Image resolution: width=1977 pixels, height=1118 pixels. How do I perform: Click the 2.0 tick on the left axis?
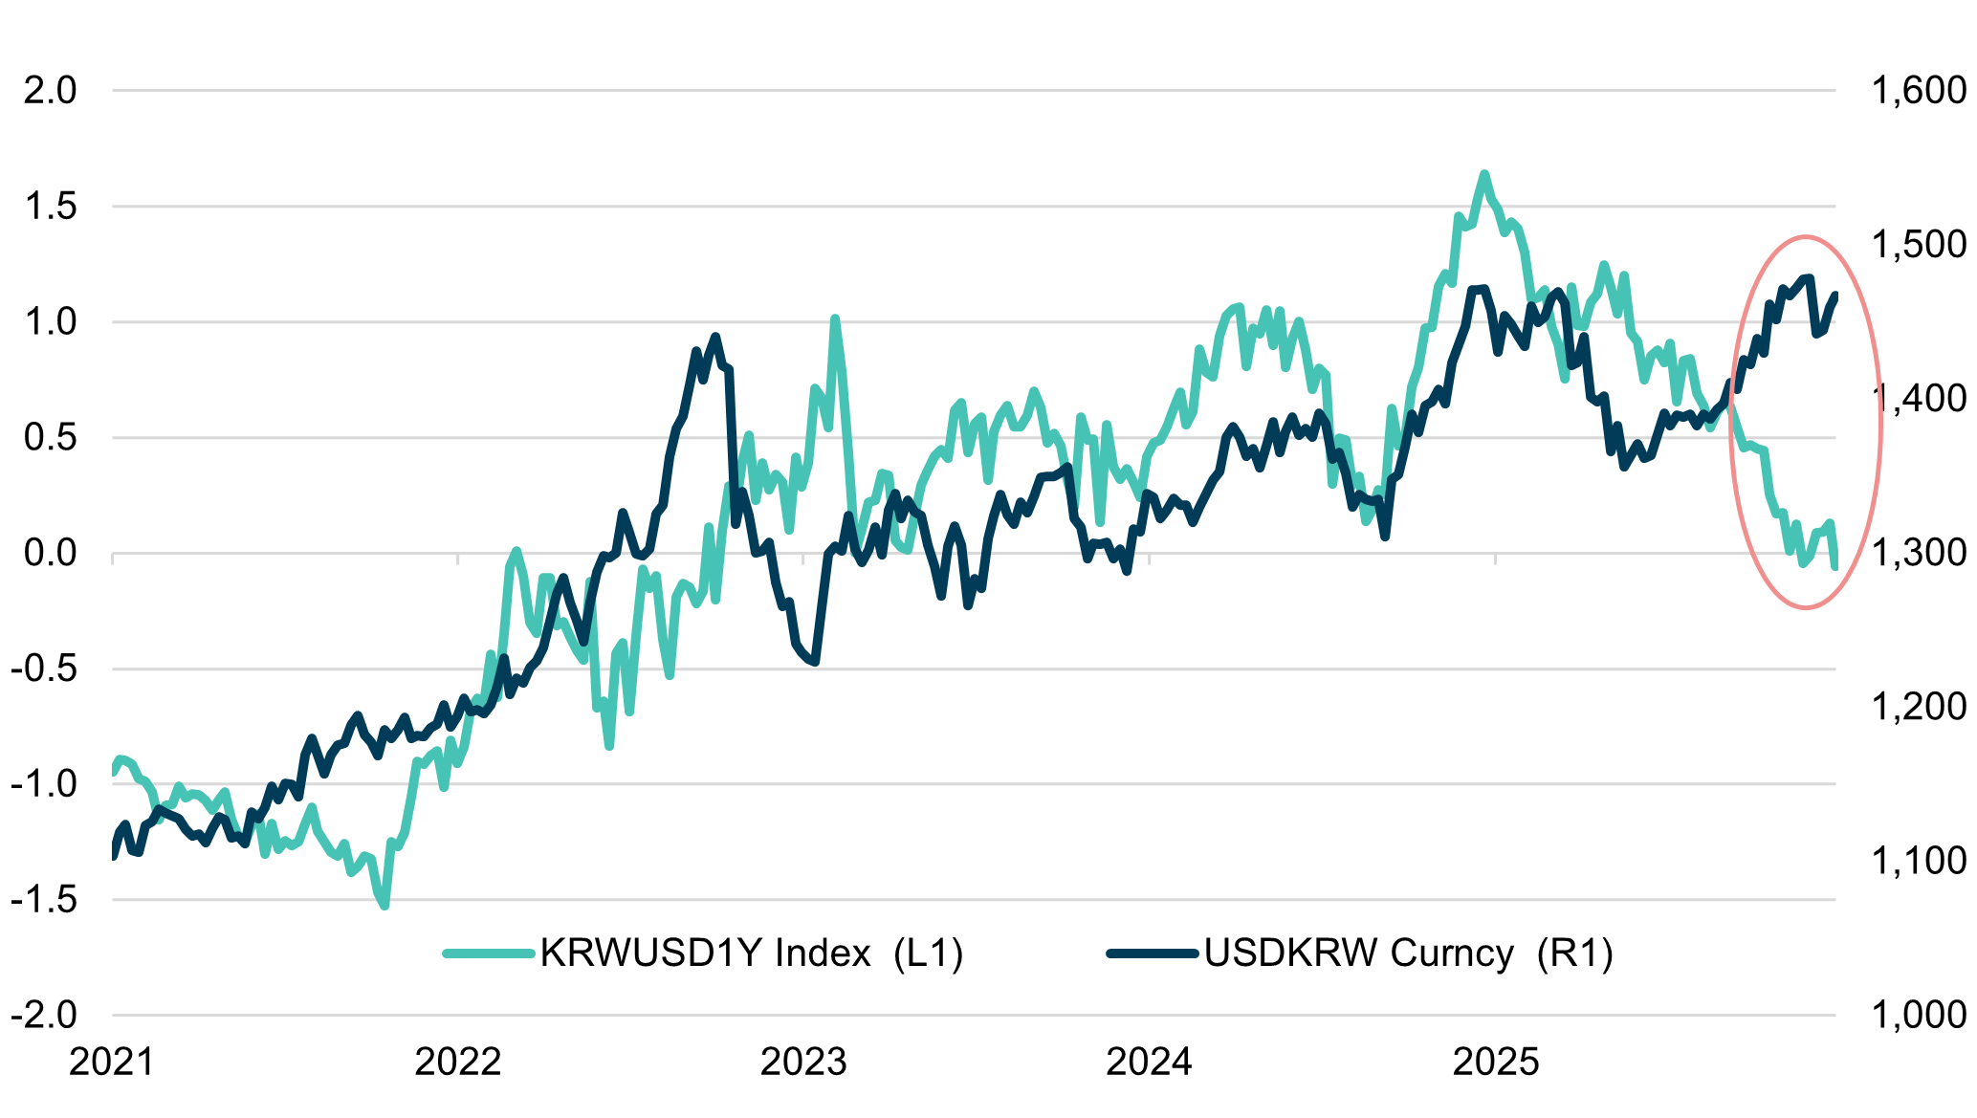[51, 91]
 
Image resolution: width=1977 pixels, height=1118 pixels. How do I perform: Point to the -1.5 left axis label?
[44, 899]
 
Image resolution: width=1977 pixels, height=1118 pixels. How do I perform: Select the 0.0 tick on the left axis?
[51, 553]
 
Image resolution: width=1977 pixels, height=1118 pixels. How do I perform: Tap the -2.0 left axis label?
[44, 1015]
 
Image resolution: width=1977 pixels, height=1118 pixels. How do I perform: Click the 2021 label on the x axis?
[112, 1063]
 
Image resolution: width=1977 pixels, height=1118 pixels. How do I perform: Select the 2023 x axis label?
[803, 1063]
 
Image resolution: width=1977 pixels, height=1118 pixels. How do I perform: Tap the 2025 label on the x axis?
[1495, 1063]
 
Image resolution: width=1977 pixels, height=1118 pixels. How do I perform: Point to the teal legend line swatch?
[489, 954]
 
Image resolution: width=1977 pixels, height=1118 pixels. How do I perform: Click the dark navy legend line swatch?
[1153, 954]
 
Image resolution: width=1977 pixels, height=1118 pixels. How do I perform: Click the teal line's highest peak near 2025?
[1484, 174]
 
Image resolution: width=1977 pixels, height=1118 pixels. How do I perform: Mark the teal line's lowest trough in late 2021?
[384, 905]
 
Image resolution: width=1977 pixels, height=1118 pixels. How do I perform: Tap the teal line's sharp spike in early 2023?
[835, 318]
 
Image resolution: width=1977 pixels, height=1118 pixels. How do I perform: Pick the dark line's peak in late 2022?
[715, 337]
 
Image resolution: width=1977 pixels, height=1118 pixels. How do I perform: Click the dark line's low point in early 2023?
[815, 662]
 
